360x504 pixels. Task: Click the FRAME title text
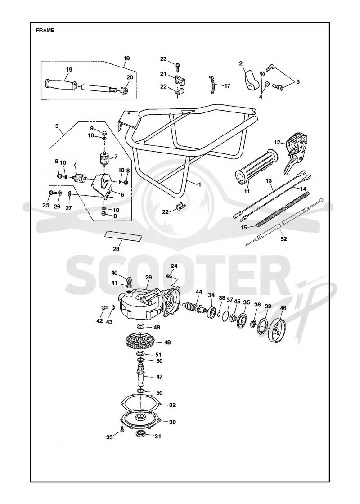[45, 31]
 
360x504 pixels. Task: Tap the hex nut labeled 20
[126, 90]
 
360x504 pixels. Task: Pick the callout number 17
[227, 86]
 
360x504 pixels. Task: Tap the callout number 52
[284, 239]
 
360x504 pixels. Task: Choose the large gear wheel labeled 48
[140, 342]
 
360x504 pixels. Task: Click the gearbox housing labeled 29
[144, 304]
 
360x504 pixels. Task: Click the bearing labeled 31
[140, 434]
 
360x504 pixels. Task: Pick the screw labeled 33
[122, 430]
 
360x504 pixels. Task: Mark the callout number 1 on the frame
[199, 184]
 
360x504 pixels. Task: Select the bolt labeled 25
[51, 193]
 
